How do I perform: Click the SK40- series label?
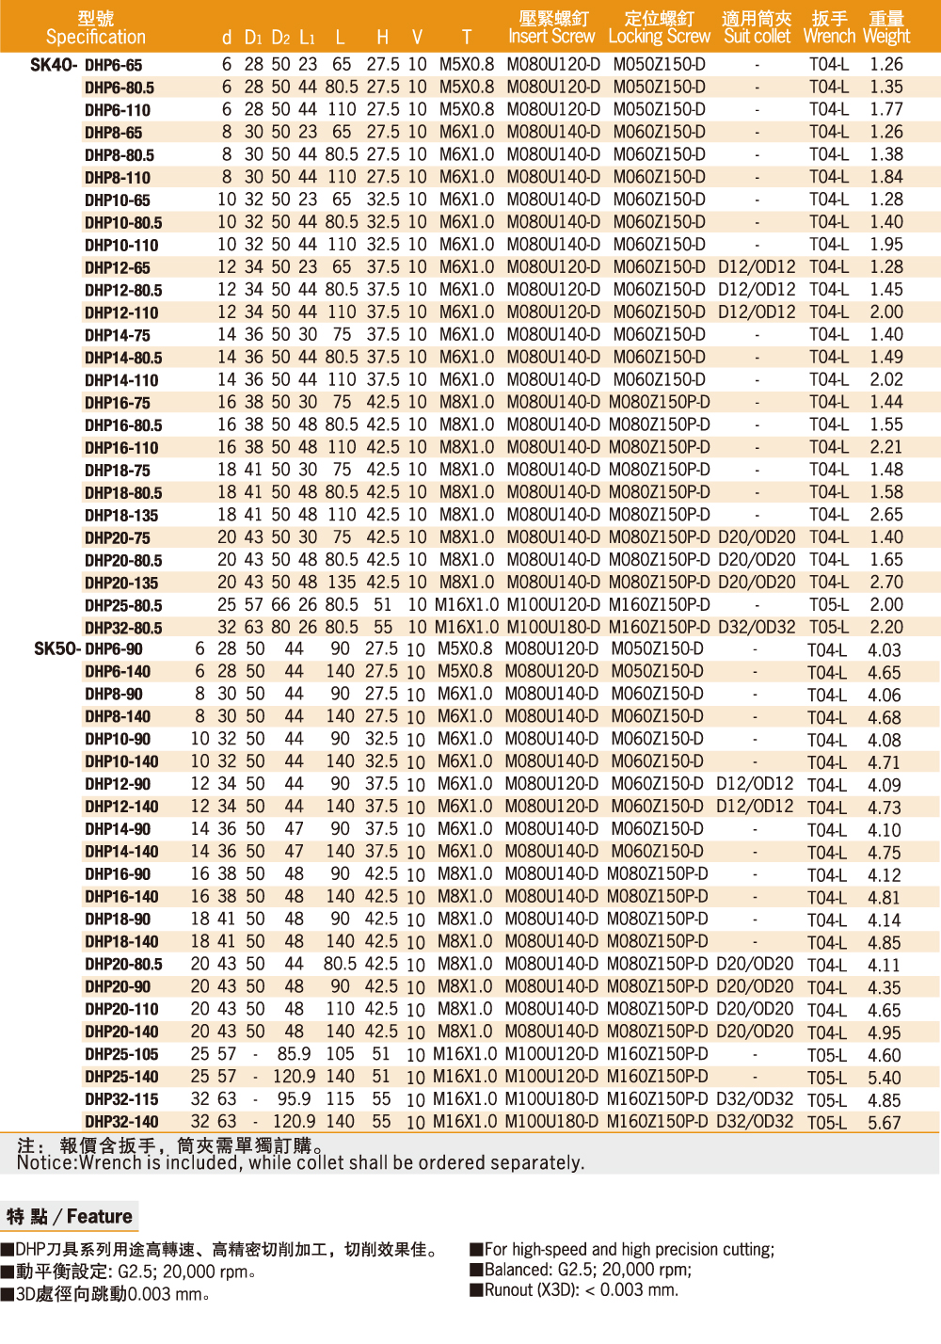(54, 65)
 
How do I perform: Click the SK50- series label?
(56, 649)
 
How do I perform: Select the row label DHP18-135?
(121, 516)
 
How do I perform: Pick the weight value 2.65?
(886, 515)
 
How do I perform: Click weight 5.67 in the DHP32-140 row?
(885, 1123)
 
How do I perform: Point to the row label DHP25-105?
(121, 1055)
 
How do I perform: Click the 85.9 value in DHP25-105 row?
(294, 1054)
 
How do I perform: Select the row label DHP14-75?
(118, 336)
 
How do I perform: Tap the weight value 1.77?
(886, 109)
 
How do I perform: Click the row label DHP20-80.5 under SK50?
(123, 965)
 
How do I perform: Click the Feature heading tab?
(70, 1217)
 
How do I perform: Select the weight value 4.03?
(885, 650)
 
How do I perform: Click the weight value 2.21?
(886, 447)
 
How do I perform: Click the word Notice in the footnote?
(45, 1163)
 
